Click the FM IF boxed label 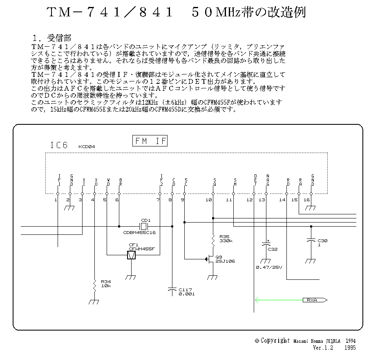click(150, 141)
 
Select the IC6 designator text click(59, 145)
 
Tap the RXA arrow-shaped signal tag click(315, 300)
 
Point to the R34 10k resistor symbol click(95, 286)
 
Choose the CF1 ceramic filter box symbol click(131, 255)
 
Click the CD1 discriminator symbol click(143, 226)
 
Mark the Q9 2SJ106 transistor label click(225, 259)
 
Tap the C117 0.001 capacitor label click(187, 292)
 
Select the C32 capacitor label click(273, 249)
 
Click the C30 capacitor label click(322, 243)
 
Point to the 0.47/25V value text click(269, 267)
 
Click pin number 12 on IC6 click(250, 200)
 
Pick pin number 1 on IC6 click(56, 200)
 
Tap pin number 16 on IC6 click(306, 200)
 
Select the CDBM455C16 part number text click(139, 232)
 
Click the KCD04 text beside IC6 click(87, 146)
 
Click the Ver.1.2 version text click(323, 348)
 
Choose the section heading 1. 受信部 click(52, 38)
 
